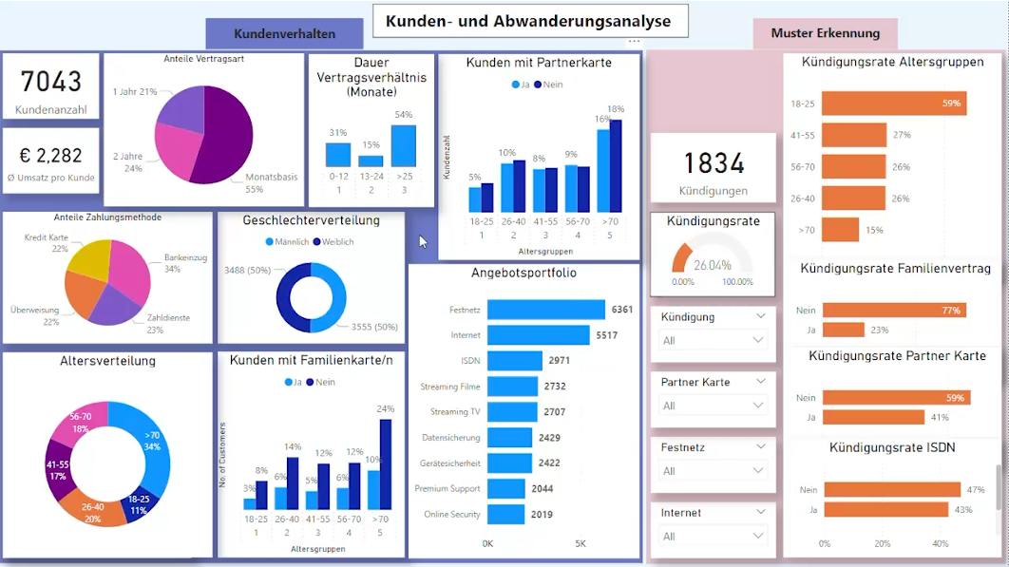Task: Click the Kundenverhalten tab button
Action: tap(284, 33)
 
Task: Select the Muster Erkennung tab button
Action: tap(825, 33)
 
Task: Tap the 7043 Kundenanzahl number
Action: tap(51, 82)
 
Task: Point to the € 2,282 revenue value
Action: tap(51, 155)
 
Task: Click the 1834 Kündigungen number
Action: tap(714, 163)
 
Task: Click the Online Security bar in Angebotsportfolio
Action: tap(505, 514)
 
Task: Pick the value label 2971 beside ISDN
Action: tap(559, 361)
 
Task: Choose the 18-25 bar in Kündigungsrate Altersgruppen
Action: tap(894, 103)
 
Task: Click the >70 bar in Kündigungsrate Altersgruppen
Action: tap(840, 230)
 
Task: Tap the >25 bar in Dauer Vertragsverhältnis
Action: tap(404, 146)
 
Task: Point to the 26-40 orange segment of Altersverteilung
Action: tap(92, 506)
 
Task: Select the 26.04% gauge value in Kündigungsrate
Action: tap(712, 266)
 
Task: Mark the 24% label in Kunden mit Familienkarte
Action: tap(385, 409)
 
